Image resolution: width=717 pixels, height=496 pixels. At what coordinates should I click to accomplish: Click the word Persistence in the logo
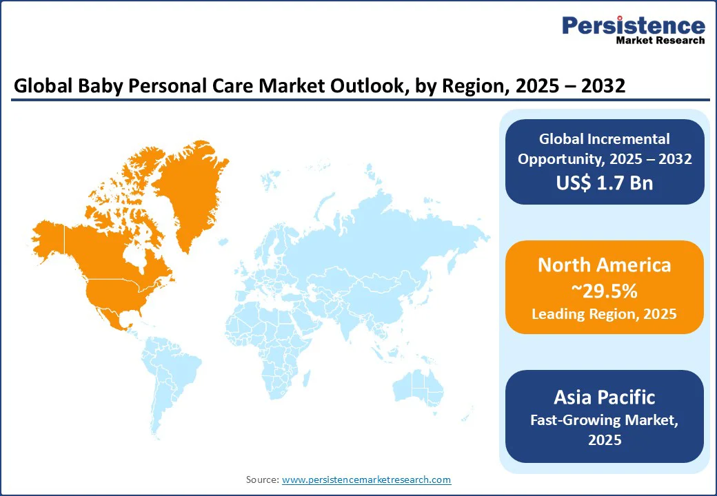633,26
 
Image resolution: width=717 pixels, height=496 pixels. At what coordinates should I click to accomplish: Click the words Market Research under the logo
660,41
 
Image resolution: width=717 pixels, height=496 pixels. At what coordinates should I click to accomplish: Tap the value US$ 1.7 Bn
605,183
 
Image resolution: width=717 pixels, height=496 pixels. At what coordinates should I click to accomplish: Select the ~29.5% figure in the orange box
604,291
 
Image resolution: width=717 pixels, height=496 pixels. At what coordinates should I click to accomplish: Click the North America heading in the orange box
604,265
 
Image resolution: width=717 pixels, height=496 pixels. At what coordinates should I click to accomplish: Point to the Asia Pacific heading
604,397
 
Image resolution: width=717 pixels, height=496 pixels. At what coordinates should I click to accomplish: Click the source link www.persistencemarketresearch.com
366,479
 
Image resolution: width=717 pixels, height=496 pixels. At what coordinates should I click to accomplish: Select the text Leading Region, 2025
604,314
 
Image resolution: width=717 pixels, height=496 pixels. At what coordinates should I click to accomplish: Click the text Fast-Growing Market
604,420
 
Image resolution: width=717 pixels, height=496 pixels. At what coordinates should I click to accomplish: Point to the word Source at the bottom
262,479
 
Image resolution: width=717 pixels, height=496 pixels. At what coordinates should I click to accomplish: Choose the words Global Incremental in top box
604,139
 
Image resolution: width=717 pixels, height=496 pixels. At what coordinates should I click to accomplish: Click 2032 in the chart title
601,86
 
